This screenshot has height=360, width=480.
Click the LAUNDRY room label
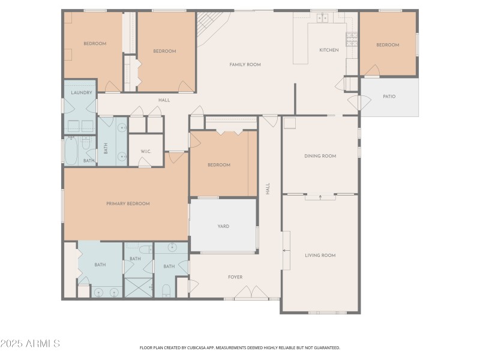[81, 92]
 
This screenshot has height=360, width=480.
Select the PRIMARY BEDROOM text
[128, 203]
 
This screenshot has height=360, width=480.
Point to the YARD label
[223, 226]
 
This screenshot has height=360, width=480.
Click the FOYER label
[235, 277]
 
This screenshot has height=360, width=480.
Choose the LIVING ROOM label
[320, 255]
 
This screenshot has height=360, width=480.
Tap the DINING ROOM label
[320, 156]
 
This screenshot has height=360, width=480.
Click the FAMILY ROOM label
[245, 64]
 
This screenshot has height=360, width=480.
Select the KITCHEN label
[329, 50]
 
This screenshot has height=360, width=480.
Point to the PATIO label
[389, 96]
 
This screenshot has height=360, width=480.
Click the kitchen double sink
[323, 18]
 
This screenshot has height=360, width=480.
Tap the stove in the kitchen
[355, 40]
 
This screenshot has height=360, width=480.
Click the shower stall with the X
[137, 288]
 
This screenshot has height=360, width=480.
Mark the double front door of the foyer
[251, 293]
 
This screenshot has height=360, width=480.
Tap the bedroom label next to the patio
[388, 45]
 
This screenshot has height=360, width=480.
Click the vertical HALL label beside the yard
[268, 188]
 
